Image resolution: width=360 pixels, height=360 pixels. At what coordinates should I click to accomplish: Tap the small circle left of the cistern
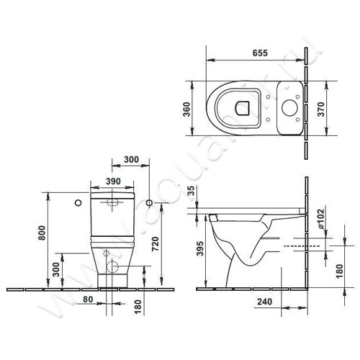(x=78, y=202)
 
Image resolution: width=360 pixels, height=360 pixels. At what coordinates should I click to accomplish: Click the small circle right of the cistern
(x=149, y=202)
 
